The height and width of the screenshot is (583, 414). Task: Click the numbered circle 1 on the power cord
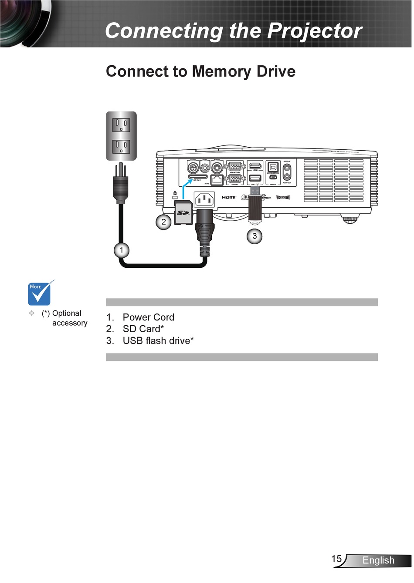(122, 250)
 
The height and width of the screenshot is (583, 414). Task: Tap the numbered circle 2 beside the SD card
(163, 222)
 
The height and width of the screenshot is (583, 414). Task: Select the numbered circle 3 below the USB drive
(255, 236)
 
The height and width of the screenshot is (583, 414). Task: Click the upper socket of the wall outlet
(121, 125)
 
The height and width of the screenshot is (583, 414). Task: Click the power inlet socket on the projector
(204, 200)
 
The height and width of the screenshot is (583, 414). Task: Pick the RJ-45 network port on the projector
(217, 180)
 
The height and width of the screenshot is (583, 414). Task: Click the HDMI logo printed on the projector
(228, 198)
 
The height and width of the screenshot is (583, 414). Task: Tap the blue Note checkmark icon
(41, 293)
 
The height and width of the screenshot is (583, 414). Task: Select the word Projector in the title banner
(314, 31)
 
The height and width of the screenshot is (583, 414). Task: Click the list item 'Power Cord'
(148, 317)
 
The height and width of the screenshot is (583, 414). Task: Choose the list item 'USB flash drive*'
(158, 341)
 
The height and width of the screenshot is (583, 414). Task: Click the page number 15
(336, 559)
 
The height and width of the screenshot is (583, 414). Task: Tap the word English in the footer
(378, 561)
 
